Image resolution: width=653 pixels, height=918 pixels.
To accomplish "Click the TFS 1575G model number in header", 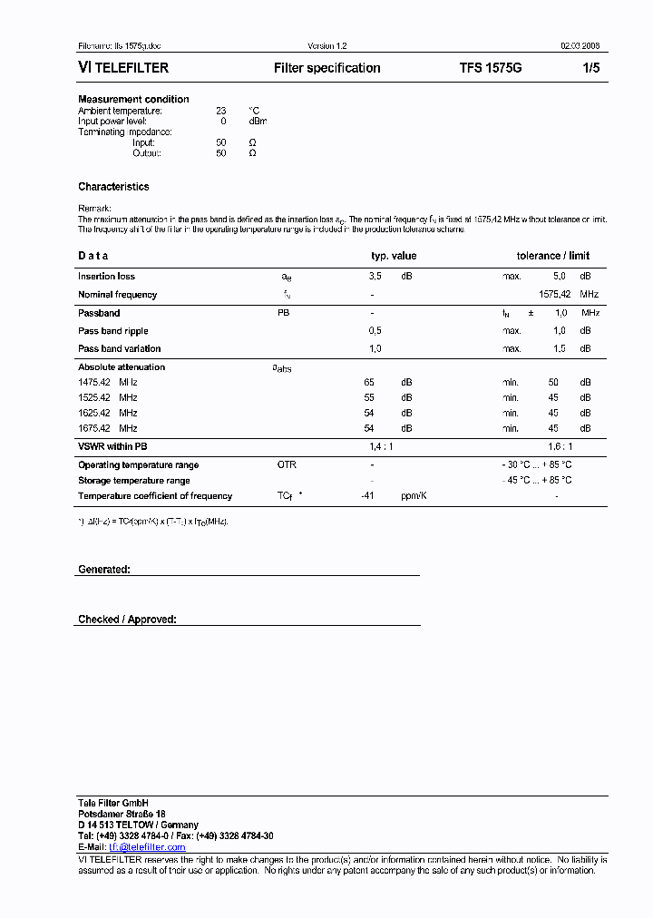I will tap(491, 68).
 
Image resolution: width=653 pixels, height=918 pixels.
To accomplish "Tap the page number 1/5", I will tap(590, 68).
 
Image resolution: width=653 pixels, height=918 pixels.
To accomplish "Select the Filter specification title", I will tap(327, 68).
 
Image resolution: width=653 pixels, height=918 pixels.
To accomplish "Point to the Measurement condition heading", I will tap(133, 99).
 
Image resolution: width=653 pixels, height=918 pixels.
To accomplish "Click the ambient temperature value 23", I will tap(220, 111).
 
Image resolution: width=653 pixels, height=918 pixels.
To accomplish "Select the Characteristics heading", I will tap(113, 187).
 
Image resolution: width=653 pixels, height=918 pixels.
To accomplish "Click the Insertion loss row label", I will tap(106, 277).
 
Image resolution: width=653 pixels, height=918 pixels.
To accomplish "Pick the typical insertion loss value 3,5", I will tap(375, 277).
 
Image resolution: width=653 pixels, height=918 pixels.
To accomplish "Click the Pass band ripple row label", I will tap(113, 331).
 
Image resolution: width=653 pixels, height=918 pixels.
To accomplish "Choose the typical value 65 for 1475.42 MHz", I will tap(369, 383).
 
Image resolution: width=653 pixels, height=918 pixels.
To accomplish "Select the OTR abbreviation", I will tap(287, 465).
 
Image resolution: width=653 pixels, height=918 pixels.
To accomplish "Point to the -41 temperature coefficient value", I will tap(367, 496).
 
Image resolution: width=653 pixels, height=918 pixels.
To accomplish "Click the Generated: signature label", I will tap(104, 570).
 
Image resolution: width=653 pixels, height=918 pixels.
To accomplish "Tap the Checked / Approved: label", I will tap(127, 620).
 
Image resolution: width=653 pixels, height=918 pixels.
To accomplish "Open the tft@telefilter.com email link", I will tap(147, 847).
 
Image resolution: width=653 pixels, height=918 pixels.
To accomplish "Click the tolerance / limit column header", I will tap(553, 256).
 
